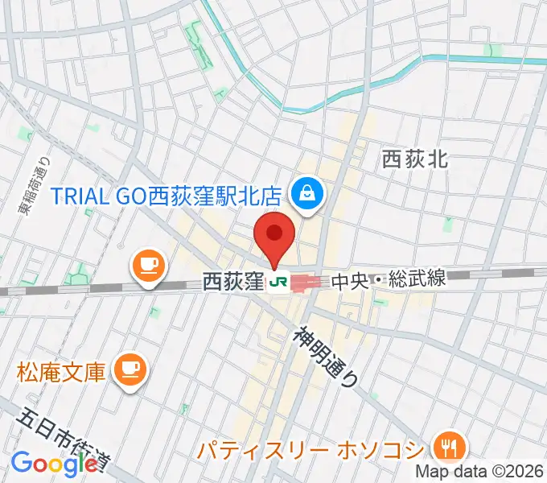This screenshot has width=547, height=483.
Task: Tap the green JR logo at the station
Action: pyautogui.click(x=278, y=282)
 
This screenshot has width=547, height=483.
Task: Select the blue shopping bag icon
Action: pyautogui.click(x=308, y=192)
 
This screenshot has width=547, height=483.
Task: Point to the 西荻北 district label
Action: pyautogui.click(x=414, y=159)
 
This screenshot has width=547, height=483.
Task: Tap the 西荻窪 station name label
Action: pyautogui.click(x=233, y=282)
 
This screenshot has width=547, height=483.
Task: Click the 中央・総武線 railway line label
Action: pyautogui.click(x=388, y=280)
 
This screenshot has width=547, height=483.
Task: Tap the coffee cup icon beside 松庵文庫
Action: pyautogui.click(x=130, y=369)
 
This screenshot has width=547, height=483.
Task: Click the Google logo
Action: pyautogui.click(x=54, y=464)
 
